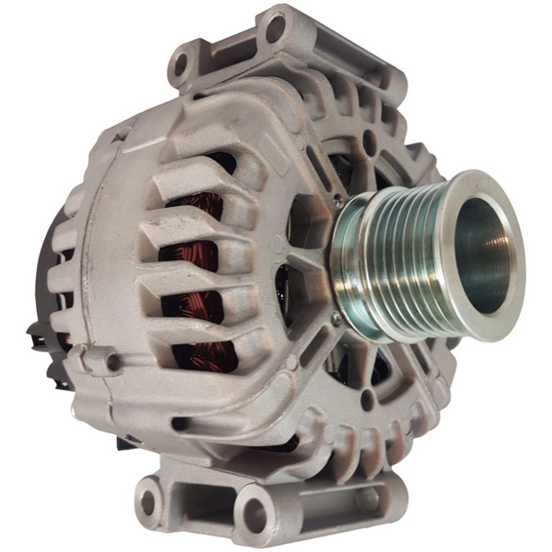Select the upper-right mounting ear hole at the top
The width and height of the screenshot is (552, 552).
pyautogui.click(x=275, y=29)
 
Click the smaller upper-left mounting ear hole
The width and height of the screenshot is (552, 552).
pyautogui.click(x=180, y=64)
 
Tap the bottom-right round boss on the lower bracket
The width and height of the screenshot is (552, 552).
pyautogui.click(x=367, y=498)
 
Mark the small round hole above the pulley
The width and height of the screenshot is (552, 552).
pyautogui.click(x=369, y=143)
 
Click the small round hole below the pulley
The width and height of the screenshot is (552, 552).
pyautogui.click(x=367, y=398)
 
